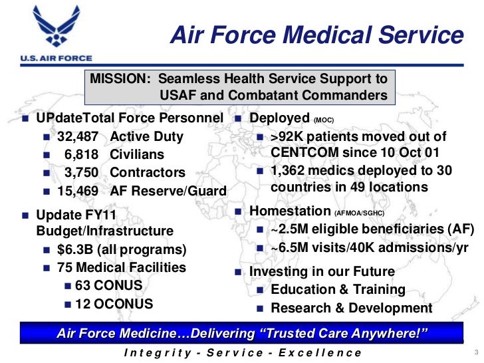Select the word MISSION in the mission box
120,78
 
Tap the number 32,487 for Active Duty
78,137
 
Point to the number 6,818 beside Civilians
82,154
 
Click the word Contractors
148,172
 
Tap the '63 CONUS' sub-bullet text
109,286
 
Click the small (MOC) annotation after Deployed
324,120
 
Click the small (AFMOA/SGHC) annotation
358,213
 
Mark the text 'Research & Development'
352,308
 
